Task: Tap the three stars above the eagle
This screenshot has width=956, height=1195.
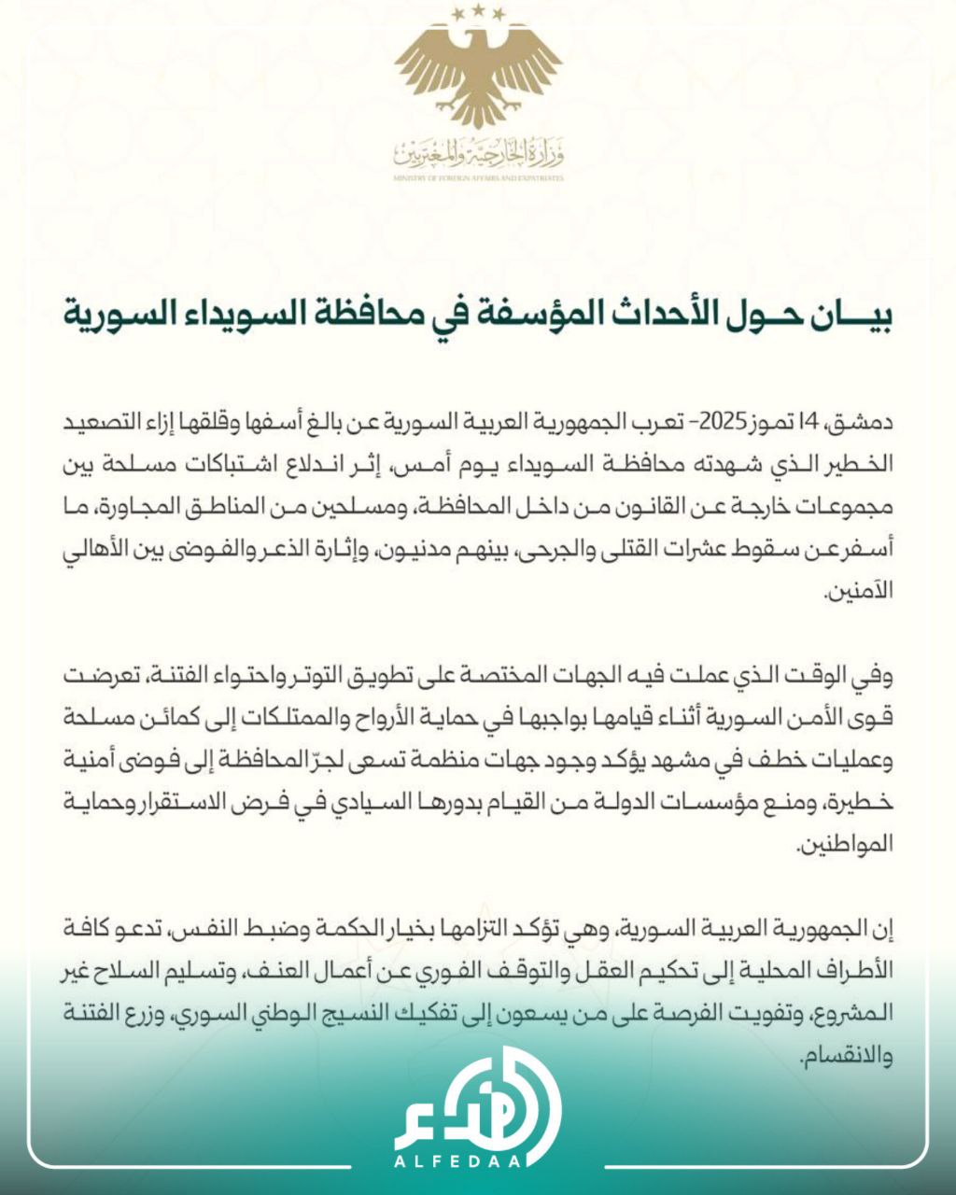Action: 478,13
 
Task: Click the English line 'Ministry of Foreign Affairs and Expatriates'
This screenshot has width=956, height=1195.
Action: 478,177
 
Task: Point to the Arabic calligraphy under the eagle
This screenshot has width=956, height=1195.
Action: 478,151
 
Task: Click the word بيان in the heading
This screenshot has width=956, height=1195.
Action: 854,315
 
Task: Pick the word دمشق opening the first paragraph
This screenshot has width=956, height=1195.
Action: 868,423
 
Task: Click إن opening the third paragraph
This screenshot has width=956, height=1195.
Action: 884,928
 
